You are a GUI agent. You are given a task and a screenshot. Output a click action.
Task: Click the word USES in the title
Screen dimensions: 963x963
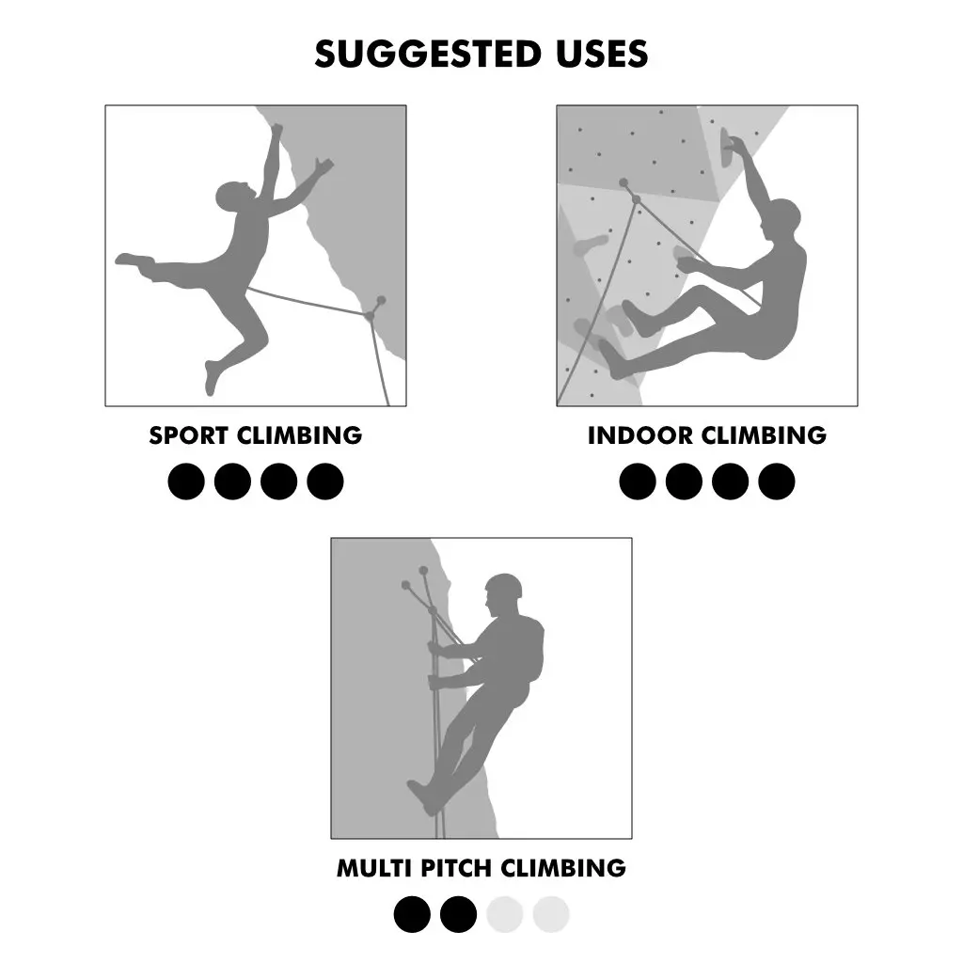pyautogui.click(x=603, y=54)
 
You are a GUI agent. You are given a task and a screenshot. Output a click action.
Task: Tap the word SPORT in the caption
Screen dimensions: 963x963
pyautogui.click(x=188, y=435)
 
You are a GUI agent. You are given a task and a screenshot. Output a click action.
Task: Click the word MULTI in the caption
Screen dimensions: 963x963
pyautogui.click(x=374, y=868)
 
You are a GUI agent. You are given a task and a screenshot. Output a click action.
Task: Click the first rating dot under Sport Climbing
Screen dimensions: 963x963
pyautogui.click(x=186, y=481)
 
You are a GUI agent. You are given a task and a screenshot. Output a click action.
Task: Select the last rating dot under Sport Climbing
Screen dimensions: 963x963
pyautogui.click(x=324, y=481)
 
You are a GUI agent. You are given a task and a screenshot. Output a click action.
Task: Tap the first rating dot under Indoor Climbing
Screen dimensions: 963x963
pyautogui.click(x=638, y=481)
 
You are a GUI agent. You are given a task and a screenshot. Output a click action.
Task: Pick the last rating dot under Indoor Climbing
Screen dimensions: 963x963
pyautogui.click(x=776, y=481)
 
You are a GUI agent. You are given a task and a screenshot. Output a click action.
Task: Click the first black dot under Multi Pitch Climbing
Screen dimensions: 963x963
pyautogui.click(x=412, y=914)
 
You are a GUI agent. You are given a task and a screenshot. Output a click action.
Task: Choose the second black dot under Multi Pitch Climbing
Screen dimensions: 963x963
pyautogui.click(x=458, y=914)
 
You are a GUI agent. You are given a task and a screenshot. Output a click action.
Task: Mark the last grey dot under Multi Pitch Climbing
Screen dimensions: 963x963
pyautogui.click(x=551, y=914)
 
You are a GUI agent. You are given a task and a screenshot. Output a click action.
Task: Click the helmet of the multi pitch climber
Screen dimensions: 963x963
pyautogui.click(x=504, y=585)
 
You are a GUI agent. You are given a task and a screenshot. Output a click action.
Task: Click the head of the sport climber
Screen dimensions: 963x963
pyautogui.click(x=233, y=196)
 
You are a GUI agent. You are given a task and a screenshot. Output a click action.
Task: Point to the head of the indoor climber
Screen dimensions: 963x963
pyautogui.click(x=781, y=220)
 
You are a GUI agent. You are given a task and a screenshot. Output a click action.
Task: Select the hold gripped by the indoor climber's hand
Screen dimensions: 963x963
pyautogui.click(x=726, y=149)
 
